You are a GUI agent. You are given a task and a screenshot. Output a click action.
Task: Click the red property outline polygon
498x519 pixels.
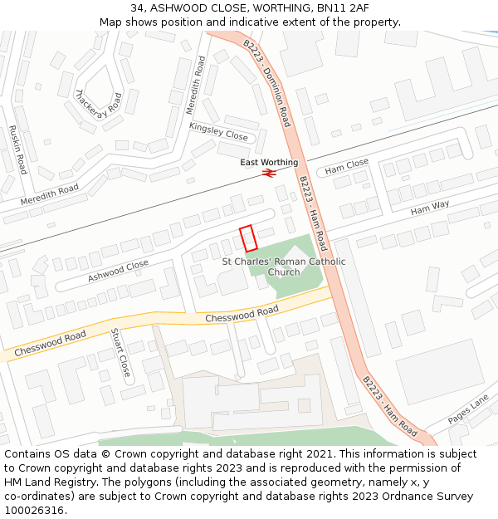click(247, 238)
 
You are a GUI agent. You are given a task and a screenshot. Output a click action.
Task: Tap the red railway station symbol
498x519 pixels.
click(269, 173)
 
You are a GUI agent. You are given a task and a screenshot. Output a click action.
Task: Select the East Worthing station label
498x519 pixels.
click(269, 162)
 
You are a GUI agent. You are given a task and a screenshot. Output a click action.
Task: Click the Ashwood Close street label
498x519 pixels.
click(118, 271)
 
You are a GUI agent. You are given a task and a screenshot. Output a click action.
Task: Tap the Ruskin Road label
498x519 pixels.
click(17, 149)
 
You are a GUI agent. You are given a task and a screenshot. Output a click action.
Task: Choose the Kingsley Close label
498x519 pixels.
click(218, 131)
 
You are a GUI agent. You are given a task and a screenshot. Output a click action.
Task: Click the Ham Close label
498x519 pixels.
click(347, 167)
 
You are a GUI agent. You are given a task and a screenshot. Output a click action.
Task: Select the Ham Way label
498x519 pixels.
click(430, 208)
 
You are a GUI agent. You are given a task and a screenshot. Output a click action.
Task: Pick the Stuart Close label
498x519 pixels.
click(120, 353)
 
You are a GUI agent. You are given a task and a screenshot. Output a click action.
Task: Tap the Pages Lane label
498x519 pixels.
click(468, 409)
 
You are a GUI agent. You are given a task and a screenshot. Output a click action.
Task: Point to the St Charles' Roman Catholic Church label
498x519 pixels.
click(284, 267)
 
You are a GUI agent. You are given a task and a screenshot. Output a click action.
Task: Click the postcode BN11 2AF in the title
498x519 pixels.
click(343, 7)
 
